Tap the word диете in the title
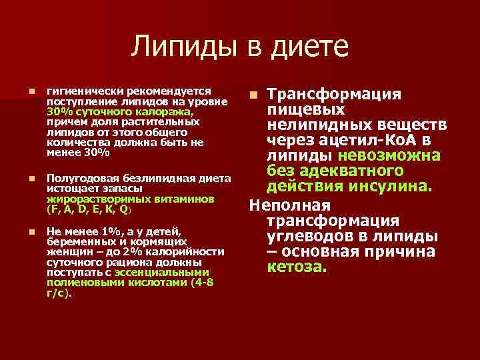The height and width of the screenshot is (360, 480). coord(309,47)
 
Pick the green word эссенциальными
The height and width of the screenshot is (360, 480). coord(162,273)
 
